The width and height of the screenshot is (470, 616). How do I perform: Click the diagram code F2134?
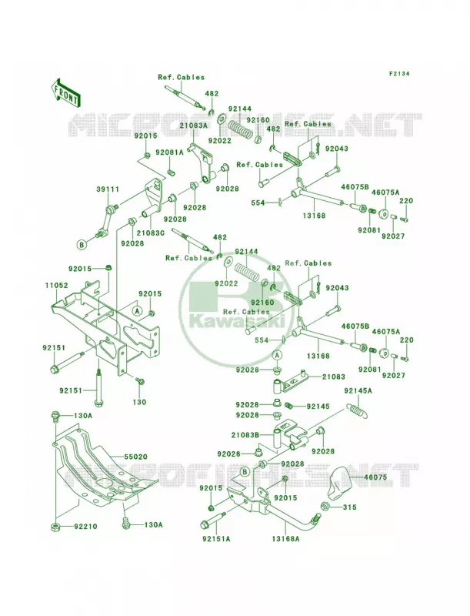399,73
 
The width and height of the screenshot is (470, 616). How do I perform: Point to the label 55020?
135,457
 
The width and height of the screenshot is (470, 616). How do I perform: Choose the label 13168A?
285,539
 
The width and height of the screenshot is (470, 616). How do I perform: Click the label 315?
349,507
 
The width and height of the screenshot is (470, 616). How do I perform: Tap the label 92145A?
358,390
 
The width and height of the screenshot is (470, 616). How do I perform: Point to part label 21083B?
245,434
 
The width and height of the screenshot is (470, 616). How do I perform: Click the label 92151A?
216,539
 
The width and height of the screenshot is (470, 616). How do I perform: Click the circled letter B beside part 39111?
82,245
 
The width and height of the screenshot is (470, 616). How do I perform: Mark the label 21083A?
193,126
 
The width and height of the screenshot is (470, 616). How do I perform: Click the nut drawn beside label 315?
325,506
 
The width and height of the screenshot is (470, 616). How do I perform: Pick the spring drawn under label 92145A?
358,411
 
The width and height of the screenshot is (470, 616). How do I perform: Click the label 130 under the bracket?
139,402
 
